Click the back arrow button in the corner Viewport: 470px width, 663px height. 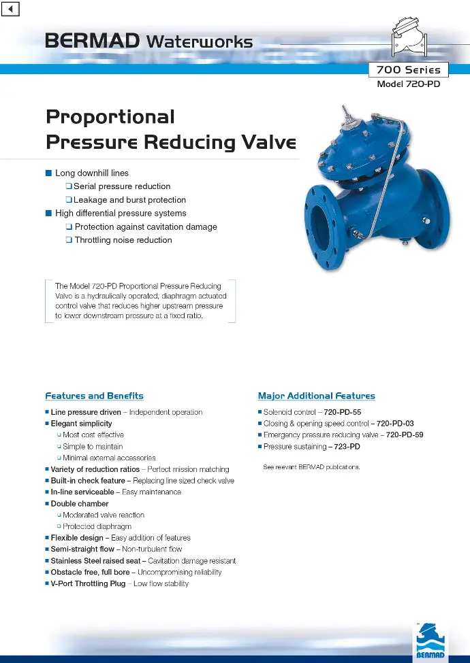10,8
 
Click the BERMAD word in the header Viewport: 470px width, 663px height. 93,41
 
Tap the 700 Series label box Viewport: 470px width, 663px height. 408,70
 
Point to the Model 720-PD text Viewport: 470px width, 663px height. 408,84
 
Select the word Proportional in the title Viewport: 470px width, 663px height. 110,117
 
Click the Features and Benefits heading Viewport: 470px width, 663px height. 95,396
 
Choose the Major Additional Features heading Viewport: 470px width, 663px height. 317,396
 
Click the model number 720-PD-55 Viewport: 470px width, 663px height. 342,412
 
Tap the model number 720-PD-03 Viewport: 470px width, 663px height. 395,423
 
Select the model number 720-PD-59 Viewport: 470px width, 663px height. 405,435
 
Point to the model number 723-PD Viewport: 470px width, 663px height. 347,447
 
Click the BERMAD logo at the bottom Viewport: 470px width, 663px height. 430,641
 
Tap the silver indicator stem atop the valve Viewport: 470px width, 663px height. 348,116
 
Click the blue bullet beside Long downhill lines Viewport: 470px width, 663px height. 48,173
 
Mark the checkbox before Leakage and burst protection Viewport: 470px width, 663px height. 69,199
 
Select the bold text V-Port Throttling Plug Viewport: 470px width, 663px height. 88,583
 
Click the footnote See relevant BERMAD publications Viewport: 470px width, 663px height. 311,466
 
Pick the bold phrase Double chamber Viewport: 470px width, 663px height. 80,504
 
